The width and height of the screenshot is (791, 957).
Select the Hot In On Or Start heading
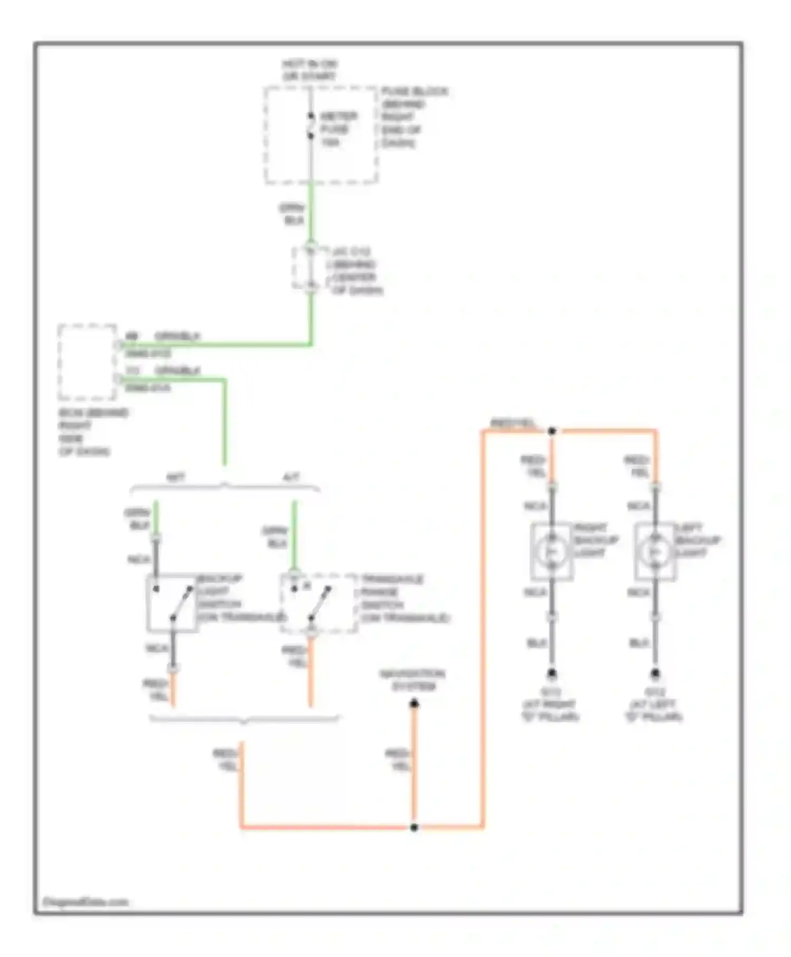310,70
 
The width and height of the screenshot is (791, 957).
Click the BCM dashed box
87,362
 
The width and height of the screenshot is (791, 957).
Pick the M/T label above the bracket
176,477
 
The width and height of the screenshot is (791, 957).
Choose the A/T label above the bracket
291,477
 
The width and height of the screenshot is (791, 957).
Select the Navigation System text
413,680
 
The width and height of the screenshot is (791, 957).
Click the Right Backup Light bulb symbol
551,551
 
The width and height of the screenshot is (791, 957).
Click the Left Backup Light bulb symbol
654,551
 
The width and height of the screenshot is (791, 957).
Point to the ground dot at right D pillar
552,673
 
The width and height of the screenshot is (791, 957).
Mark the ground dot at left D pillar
655,673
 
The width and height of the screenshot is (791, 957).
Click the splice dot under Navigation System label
414,704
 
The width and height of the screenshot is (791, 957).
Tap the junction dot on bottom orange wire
414,827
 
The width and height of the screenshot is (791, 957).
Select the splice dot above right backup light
552,432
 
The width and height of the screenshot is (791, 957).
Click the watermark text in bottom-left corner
85,902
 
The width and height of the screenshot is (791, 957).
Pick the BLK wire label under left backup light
639,643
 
